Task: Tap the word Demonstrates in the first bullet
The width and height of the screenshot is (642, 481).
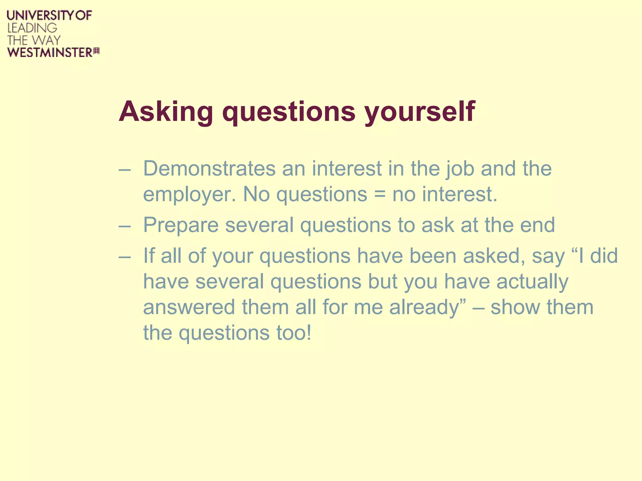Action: tap(209, 168)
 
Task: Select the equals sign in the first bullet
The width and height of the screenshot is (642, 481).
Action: tap(380, 194)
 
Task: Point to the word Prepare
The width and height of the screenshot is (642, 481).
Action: tap(181, 225)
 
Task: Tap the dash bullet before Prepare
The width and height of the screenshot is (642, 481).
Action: tap(124, 226)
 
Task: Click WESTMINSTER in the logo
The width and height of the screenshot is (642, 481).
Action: tap(50, 52)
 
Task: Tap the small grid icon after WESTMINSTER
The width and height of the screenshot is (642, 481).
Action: tap(97, 51)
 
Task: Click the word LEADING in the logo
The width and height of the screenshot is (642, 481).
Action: tap(32, 28)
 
